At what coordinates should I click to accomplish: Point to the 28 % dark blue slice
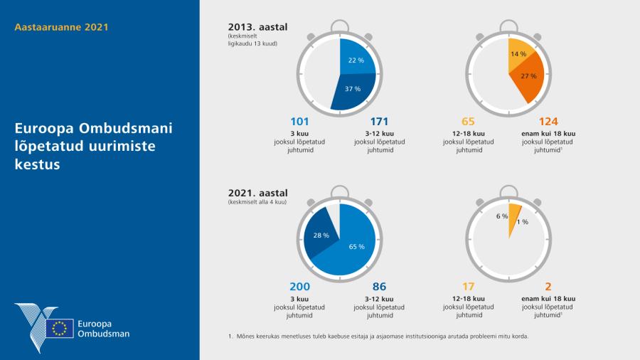click(x=321, y=235)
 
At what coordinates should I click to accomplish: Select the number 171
click(x=379, y=122)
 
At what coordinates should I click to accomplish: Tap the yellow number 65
click(x=469, y=122)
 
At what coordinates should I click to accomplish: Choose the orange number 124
click(x=548, y=122)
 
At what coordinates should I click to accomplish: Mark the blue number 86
click(x=379, y=287)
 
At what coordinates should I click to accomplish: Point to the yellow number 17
click(x=469, y=287)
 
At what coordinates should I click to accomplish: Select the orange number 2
click(x=548, y=287)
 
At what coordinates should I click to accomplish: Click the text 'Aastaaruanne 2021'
click(x=61, y=28)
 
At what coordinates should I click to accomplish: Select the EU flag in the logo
click(x=60, y=328)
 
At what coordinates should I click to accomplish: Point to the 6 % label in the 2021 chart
click(x=502, y=216)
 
